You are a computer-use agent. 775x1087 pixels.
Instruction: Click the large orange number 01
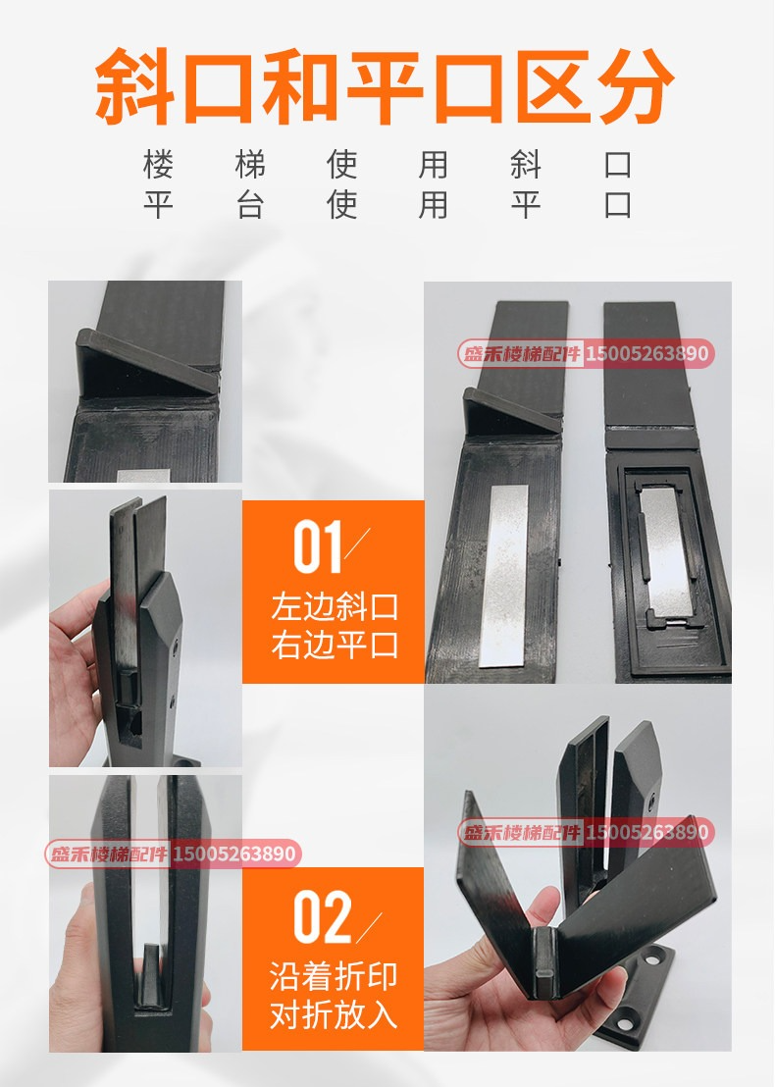point(318,547)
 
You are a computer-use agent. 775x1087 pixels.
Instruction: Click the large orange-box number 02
point(322,917)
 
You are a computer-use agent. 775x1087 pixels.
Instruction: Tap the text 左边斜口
point(335,606)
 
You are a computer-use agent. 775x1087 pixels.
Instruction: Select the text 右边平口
point(335,645)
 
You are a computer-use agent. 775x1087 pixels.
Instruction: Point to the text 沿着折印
point(334,976)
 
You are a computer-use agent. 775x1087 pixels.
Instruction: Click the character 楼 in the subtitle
point(158,165)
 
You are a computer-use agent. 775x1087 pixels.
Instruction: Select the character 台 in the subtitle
point(250,205)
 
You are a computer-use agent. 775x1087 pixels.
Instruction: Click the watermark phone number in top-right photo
point(647,353)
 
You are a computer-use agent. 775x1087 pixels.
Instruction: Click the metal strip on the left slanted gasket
point(504,575)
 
